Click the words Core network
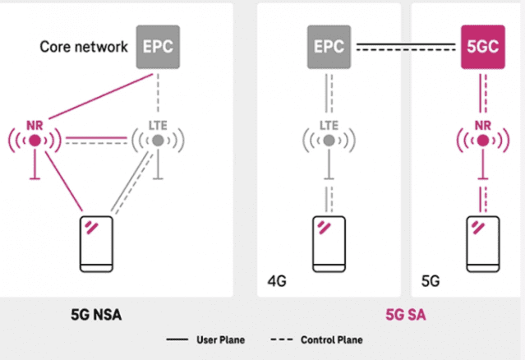point(84,46)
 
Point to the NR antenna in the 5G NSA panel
point(35,141)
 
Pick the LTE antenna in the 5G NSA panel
point(156,141)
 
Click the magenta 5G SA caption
point(406,315)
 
